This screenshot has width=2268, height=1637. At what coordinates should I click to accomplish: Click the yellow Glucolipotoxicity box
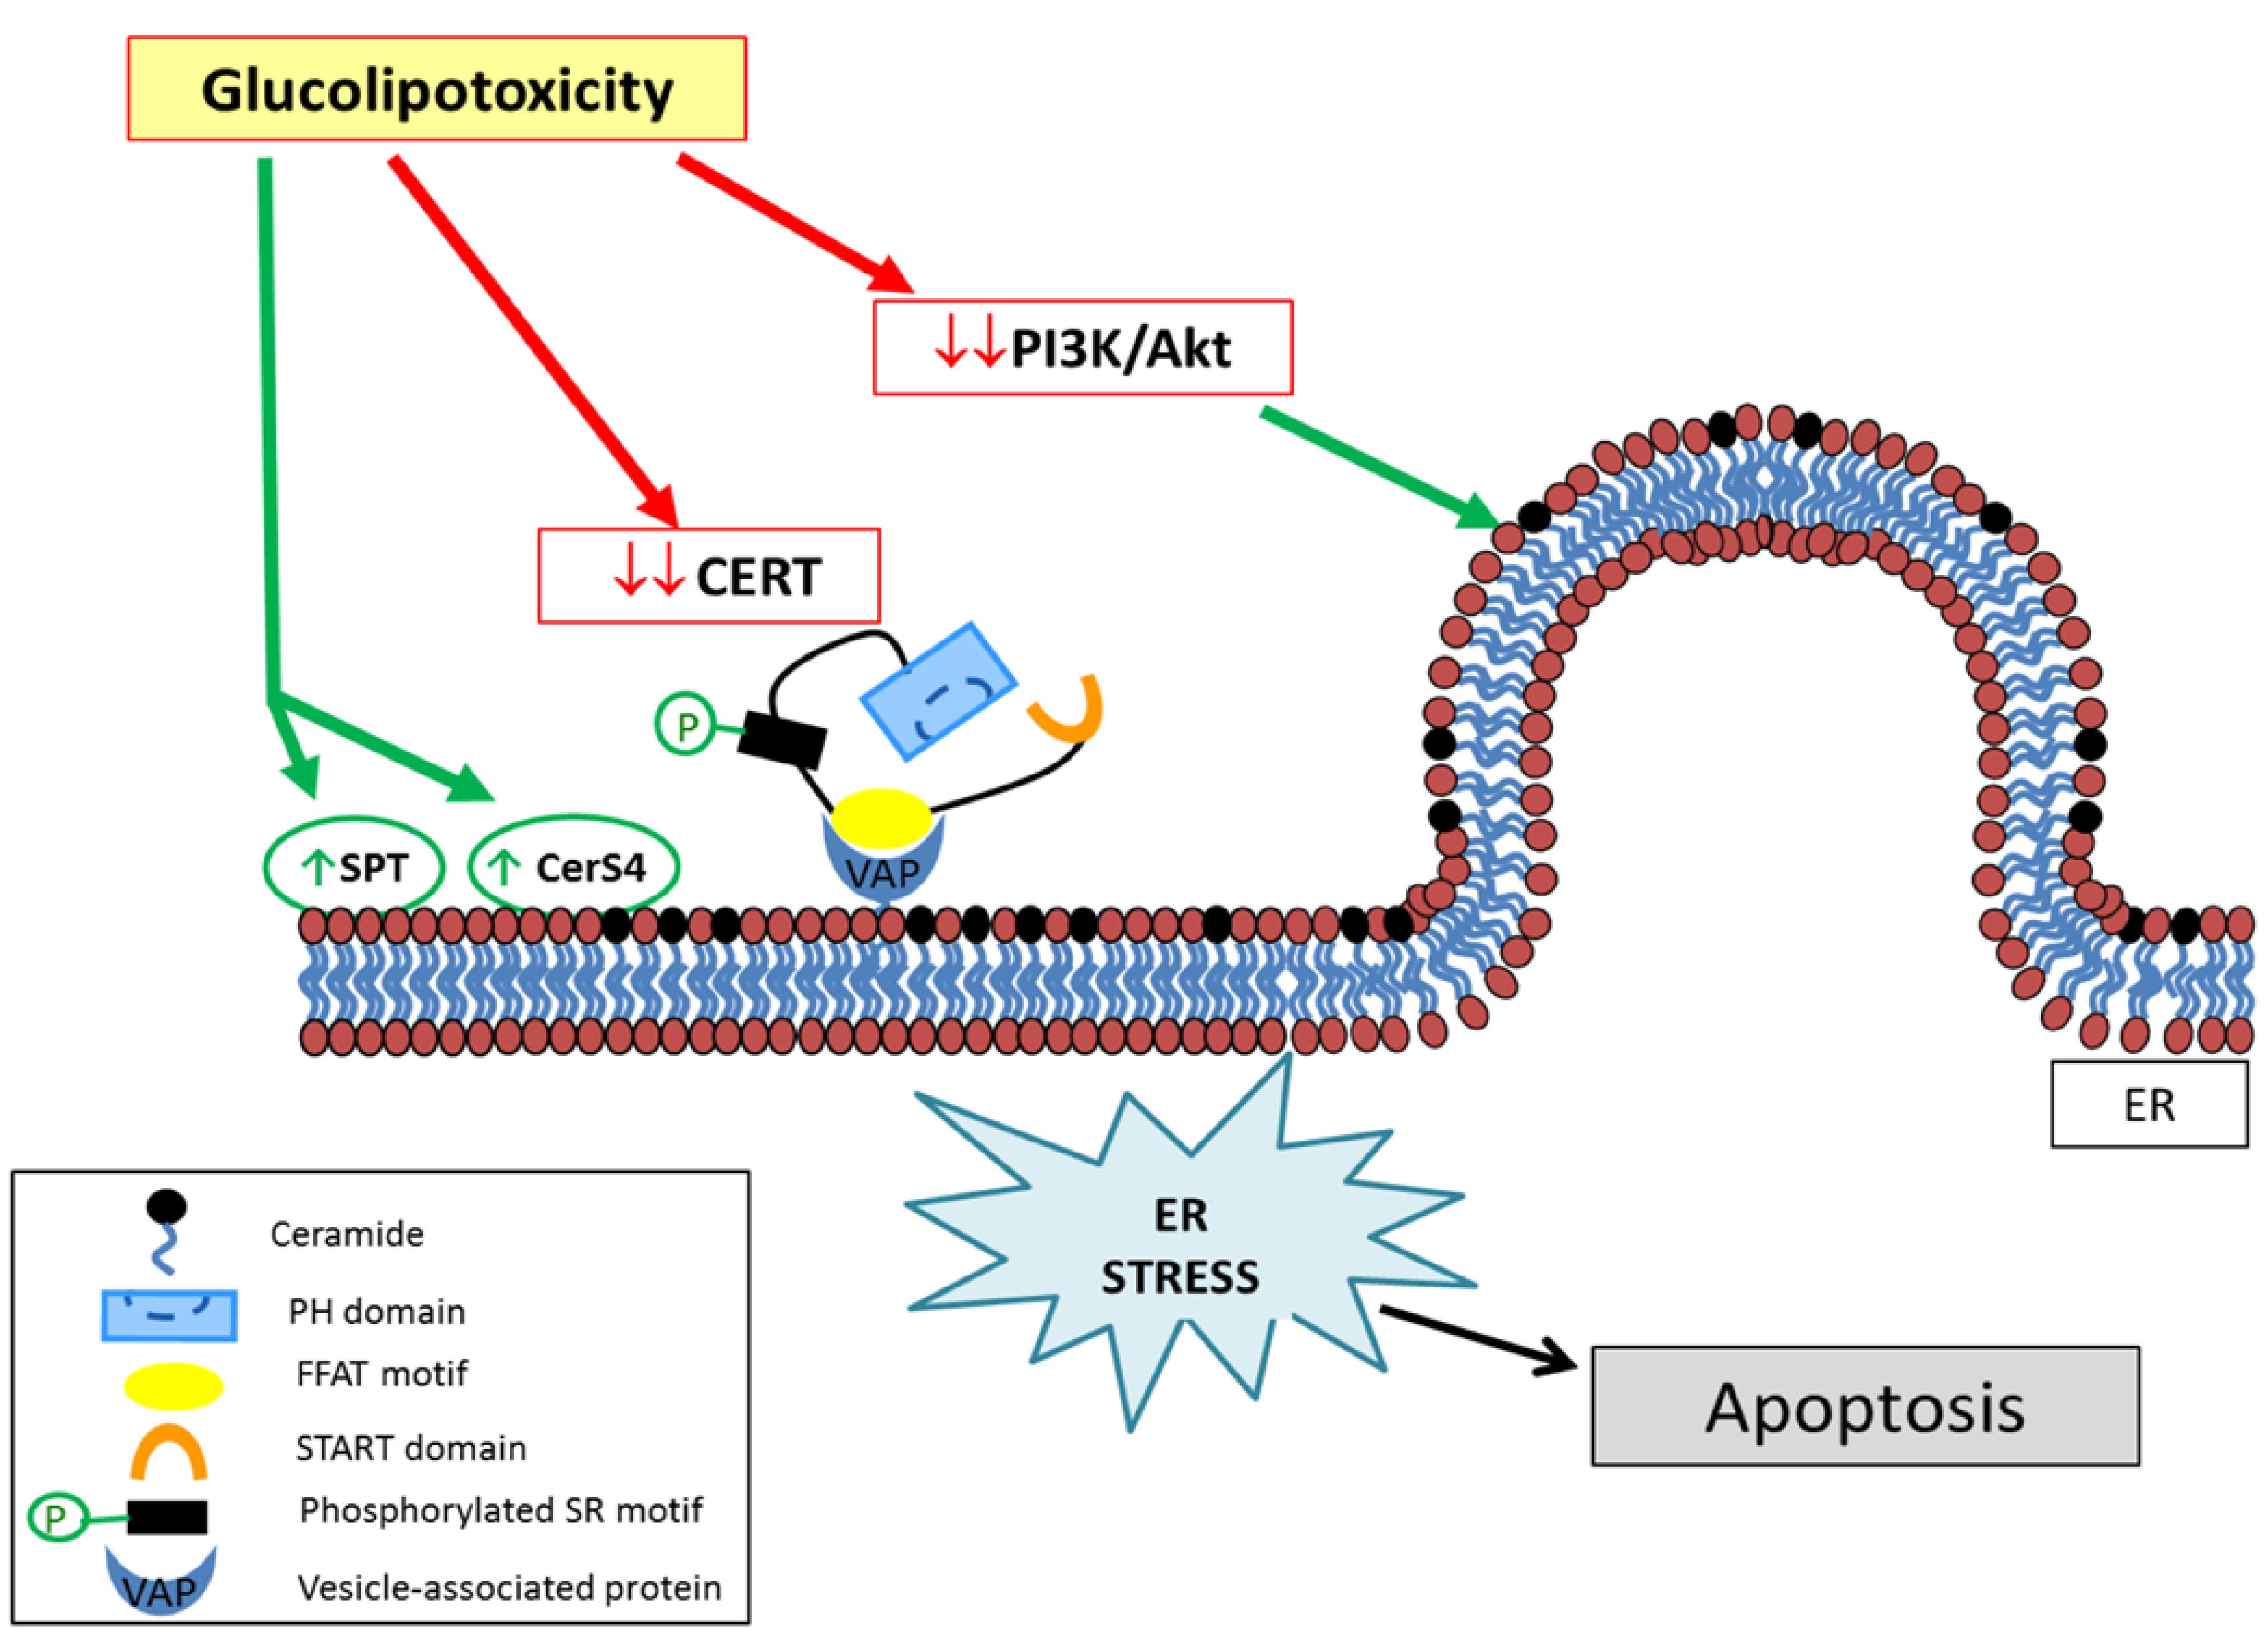(437, 89)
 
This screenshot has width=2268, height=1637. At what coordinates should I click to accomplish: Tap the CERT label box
(709, 576)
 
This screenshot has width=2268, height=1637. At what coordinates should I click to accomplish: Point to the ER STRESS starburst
(1180, 1245)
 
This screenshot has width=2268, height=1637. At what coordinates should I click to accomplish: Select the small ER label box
(2148, 1105)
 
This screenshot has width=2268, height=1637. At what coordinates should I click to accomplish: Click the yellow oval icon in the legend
(172, 1386)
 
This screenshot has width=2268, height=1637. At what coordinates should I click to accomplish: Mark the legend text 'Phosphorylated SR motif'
(501, 1510)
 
